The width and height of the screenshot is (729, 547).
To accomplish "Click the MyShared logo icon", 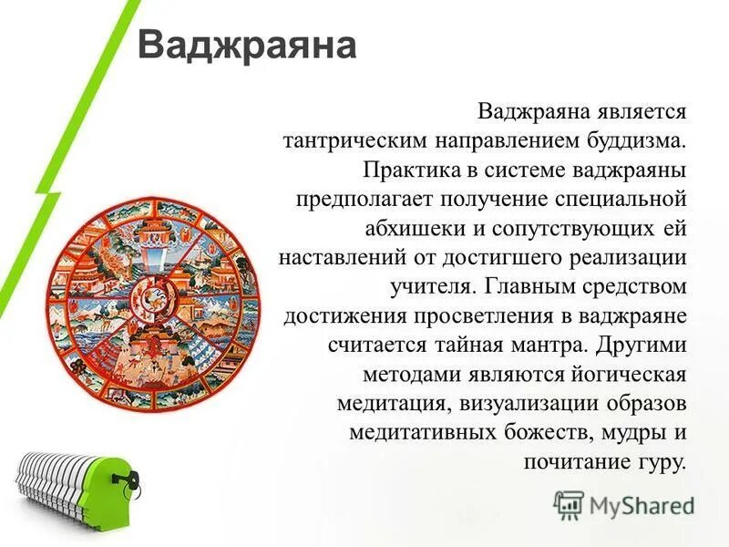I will tap(568, 502).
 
